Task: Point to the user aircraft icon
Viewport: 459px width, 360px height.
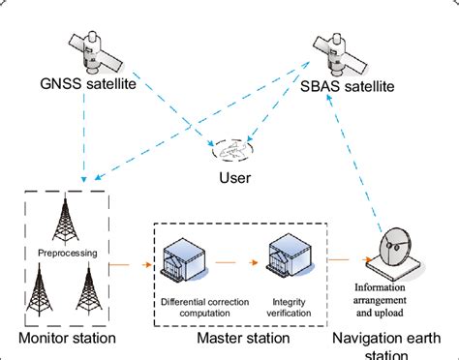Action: tap(231, 149)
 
